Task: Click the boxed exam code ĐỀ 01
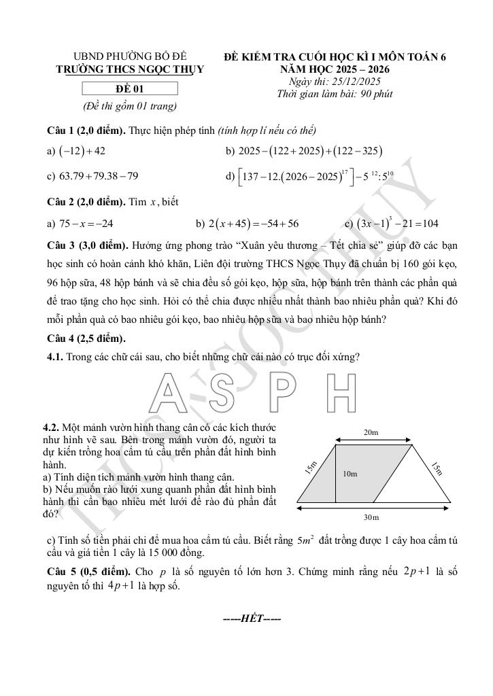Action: click(x=129, y=88)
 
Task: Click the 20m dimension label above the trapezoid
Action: click(x=371, y=432)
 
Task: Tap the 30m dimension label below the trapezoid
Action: click(x=371, y=518)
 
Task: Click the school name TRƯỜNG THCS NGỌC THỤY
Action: click(x=129, y=69)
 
